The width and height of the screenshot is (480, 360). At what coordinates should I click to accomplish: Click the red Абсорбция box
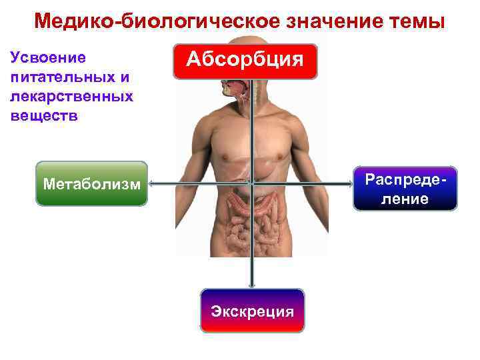click(245, 61)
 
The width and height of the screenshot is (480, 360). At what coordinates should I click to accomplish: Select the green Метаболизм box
click(91, 183)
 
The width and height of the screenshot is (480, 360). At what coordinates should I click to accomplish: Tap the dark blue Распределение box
click(405, 189)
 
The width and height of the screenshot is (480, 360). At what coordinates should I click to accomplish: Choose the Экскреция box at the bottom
click(252, 311)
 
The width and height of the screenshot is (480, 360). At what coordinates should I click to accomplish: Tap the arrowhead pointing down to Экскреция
click(252, 285)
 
